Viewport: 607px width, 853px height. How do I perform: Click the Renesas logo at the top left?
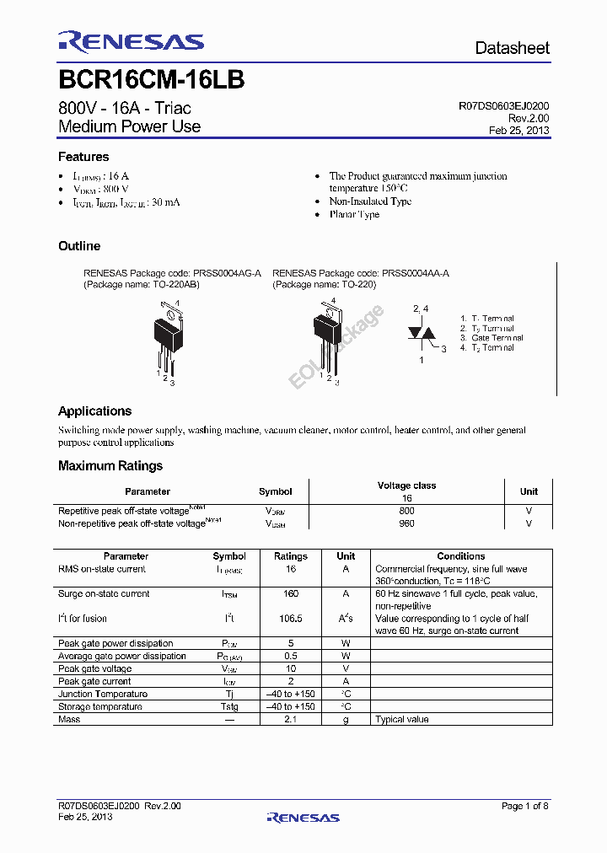131,42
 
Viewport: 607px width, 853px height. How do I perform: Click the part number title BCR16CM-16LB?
152,80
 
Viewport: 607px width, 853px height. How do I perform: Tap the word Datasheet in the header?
512,48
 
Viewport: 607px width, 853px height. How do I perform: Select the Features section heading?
83,157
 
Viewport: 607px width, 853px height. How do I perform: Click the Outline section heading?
79,246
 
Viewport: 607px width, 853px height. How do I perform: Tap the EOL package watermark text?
336,346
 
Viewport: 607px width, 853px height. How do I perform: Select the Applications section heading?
94,411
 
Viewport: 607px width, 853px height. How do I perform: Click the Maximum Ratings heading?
110,465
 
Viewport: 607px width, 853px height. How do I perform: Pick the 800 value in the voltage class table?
406,511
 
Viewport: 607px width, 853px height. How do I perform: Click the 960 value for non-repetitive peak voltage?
406,523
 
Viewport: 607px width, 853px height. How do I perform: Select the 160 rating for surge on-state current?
291,593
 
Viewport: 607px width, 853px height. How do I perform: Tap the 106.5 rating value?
291,619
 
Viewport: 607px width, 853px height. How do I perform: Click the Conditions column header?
461,556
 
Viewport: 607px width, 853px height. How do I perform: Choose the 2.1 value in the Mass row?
291,719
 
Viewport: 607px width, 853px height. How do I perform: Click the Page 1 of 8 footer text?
524,806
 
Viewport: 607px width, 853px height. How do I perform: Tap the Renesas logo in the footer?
303,817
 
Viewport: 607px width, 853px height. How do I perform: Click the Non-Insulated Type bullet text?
370,201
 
